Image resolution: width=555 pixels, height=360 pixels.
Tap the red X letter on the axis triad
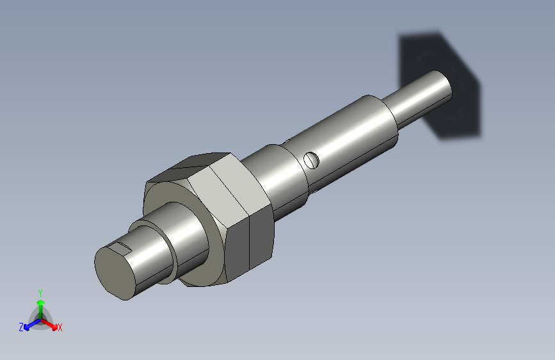coord(60,327)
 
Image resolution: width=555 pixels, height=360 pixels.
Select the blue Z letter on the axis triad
coord(21,327)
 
